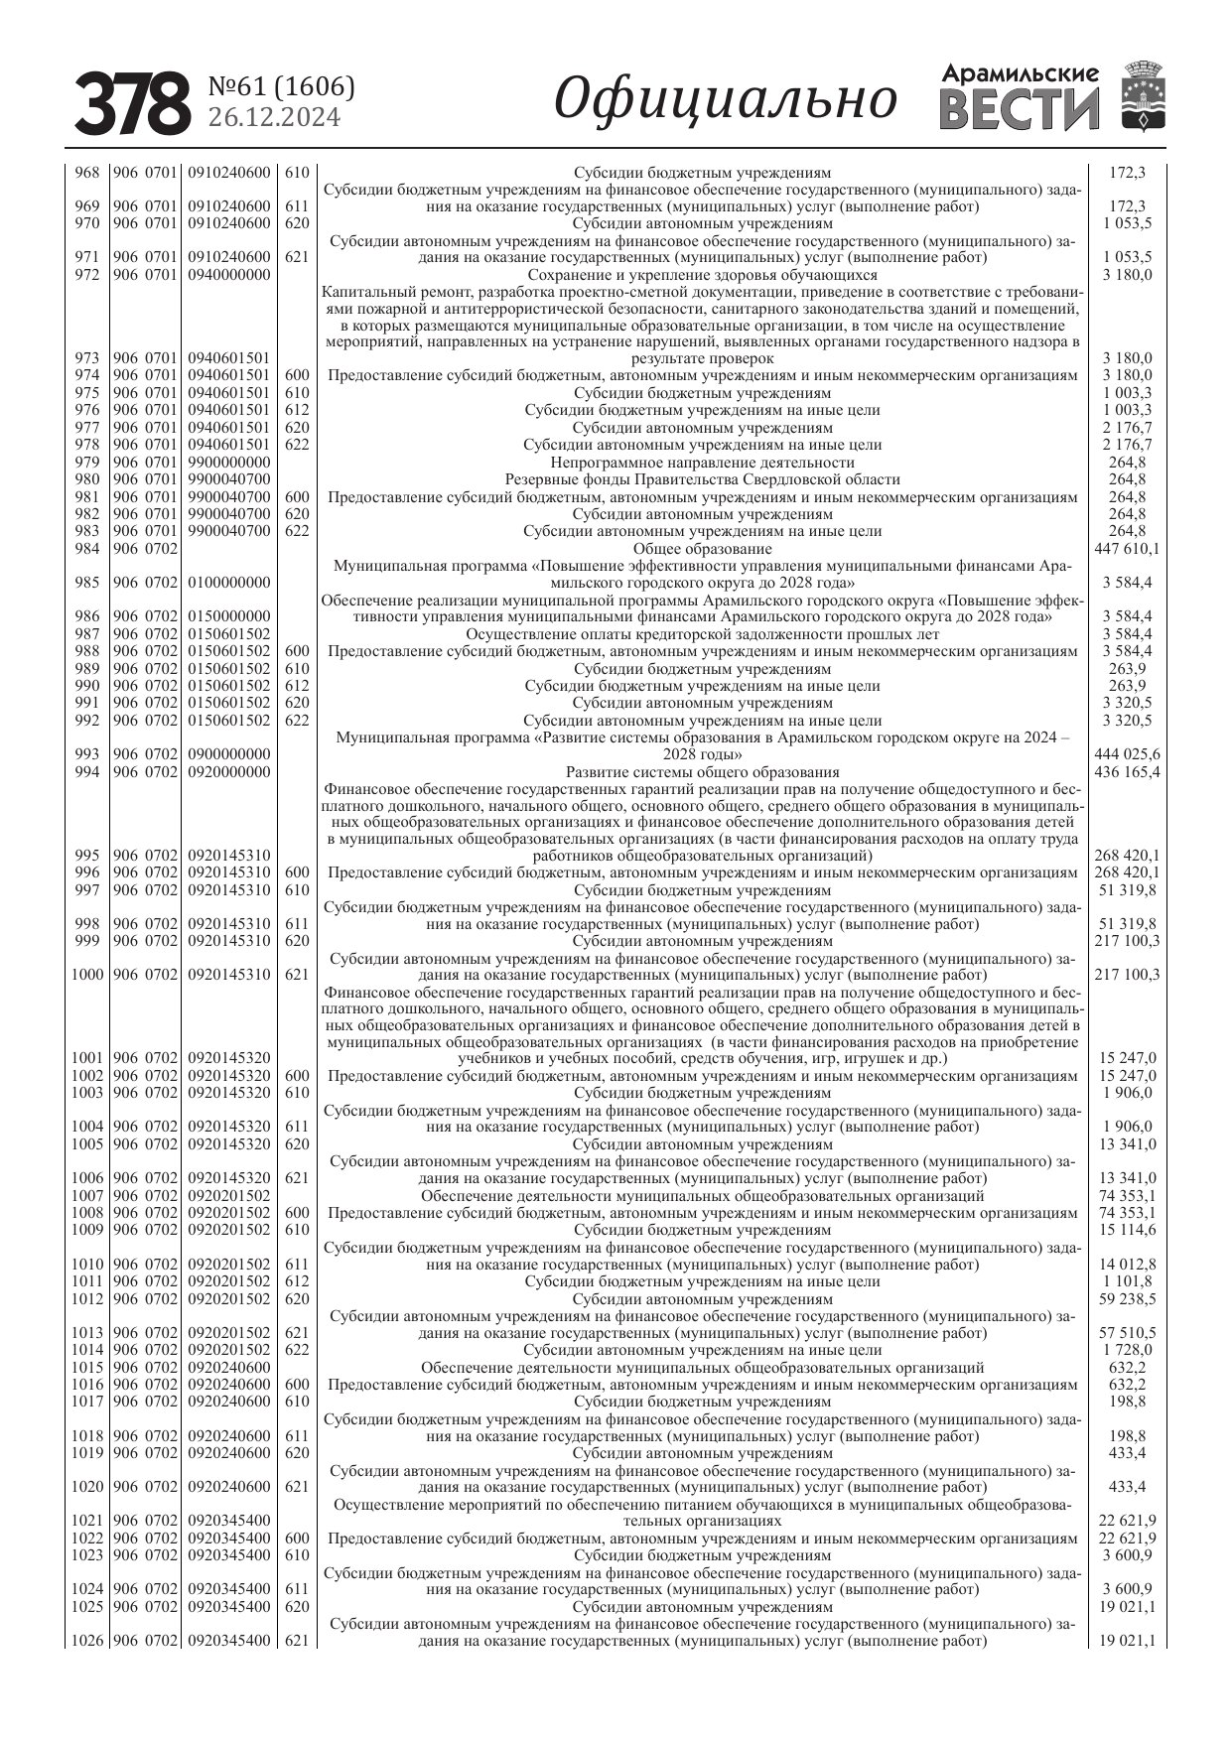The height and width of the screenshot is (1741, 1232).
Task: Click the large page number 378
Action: pyautogui.click(x=132, y=102)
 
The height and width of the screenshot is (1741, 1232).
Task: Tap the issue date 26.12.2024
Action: pyautogui.click(x=274, y=118)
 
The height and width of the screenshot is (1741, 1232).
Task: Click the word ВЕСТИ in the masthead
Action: pyautogui.click(x=1020, y=109)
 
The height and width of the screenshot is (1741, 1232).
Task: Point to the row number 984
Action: pyautogui.click(x=87, y=549)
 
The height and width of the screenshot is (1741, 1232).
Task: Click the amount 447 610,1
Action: pyautogui.click(x=1127, y=549)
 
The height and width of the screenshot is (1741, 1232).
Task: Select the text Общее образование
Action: pyautogui.click(x=702, y=549)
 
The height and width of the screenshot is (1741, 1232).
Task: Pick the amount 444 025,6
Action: pyautogui.click(x=1127, y=754)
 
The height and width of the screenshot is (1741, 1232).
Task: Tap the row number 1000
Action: pyautogui.click(x=86, y=975)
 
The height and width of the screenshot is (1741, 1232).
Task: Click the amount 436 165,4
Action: pyautogui.click(x=1127, y=772)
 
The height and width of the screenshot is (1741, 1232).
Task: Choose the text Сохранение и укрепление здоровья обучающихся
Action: pyautogui.click(x=702, y=275)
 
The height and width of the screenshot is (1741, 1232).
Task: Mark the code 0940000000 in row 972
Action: pyautogui.click(x=229, y=275)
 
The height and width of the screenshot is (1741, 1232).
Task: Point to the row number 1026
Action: pyautogui.click(x=86, y=1641)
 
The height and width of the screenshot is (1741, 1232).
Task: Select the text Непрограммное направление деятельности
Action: pyautogui.click(x=702, y=463)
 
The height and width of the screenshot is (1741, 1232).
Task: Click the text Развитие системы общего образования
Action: pyautogui.click(x=702, y=772)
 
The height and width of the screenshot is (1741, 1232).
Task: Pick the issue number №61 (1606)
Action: pyautogui.click(x=281, y=87)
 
